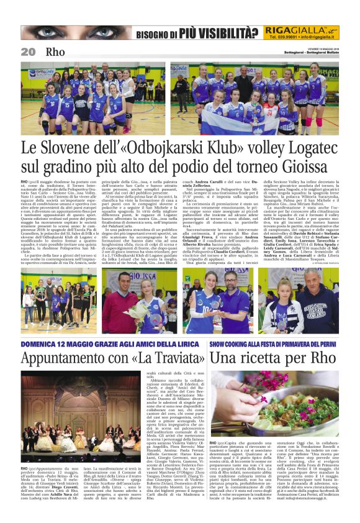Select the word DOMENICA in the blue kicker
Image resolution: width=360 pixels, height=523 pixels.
coord(40,342)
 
